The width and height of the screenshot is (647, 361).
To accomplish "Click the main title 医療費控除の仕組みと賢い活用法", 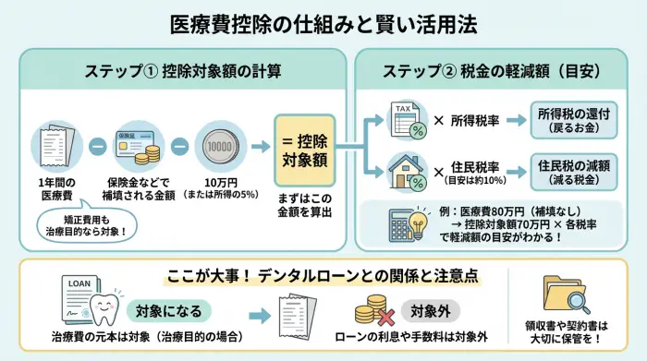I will (x=323, y=23).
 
